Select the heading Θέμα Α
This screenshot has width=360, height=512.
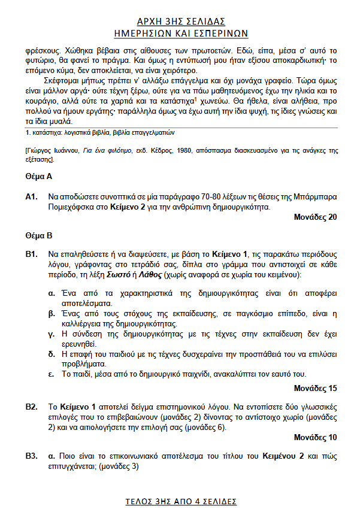pos(39,177)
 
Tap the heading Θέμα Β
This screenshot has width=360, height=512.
pos(39,237)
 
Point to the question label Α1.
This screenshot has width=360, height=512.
pos(32,196)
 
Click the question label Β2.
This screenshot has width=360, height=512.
pos(32,407)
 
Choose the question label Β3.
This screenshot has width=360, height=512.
pos(32,456)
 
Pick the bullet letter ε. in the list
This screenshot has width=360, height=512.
pos(52,374)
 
